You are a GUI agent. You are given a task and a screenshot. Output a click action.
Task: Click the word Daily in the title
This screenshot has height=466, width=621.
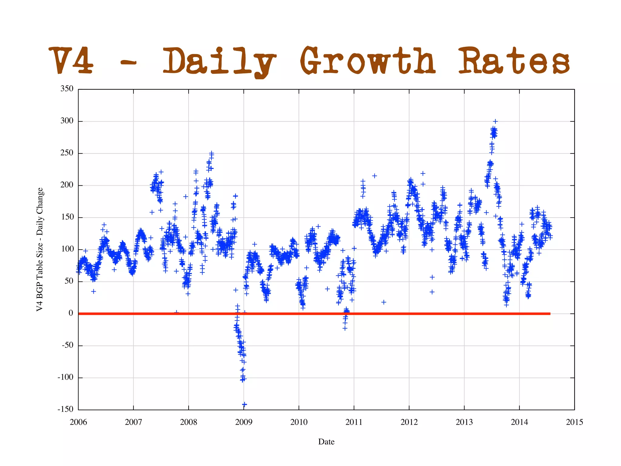(x=219, y=62)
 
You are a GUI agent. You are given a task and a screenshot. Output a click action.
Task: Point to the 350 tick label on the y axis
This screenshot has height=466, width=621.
(x=67, y=89)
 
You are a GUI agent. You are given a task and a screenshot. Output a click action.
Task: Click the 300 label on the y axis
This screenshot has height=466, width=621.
(x=67, y=121)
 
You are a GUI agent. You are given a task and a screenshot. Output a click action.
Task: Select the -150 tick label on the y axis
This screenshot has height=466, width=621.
(x=65, y=409)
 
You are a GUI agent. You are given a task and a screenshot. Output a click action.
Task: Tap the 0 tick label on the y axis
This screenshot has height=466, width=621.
(x=71, y=313)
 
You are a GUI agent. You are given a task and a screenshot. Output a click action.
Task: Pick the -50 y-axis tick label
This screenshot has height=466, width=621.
(x=67, y=345)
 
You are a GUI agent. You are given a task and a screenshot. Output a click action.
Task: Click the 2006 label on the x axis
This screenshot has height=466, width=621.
(x=78, y=422)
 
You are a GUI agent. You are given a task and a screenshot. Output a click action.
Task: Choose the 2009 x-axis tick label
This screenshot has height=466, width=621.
(x=243, y=422)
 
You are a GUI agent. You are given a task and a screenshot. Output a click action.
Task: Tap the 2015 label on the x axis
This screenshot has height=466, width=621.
(x=574, y=422)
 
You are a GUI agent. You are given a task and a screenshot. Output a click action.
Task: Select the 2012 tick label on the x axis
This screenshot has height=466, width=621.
(x=409, y=422)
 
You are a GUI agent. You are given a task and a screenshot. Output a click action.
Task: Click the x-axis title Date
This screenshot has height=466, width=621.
(x=326, y=442)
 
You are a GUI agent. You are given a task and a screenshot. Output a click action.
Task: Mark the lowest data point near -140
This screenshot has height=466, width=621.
(x=244, y=404)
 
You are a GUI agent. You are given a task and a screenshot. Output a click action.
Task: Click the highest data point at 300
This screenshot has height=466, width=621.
(x=495, y=121)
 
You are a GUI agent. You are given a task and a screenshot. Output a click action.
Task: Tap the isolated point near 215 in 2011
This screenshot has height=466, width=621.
(x=374, y=176)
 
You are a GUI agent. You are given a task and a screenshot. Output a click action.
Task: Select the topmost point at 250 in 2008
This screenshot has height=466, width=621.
(x=212, y=153)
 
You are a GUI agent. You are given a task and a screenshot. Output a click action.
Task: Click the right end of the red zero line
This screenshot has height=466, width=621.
(x=549, y=313)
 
